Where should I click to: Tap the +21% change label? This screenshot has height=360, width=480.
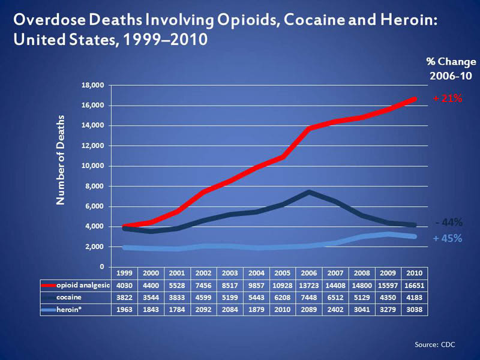click(x=447, y=98)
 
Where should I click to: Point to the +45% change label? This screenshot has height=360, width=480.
click(x=447, y=238)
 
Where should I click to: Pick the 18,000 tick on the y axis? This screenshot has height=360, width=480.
click(x=93, y=85)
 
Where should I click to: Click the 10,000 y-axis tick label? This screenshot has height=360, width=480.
click(x=93, y=166)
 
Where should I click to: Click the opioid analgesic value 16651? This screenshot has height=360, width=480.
click(x=413, y=286)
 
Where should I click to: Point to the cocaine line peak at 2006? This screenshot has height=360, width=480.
click(x=307, y=192)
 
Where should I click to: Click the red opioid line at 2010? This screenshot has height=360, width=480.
click(x=413, y=98)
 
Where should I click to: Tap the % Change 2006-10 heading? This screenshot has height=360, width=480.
click(x=451, y=69)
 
